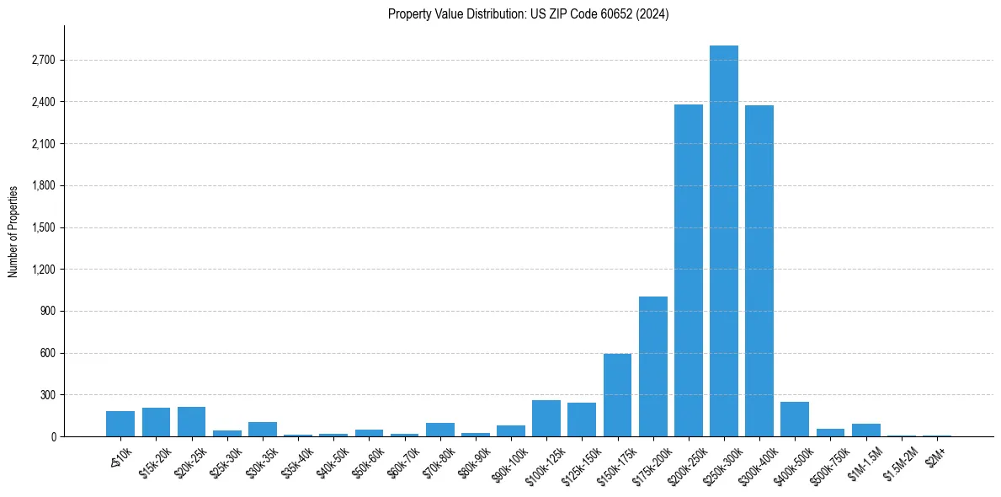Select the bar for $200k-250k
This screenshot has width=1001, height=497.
pos(689,270)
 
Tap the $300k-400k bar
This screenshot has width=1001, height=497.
pos(759,270)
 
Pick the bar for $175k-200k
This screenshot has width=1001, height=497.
pos(653,366)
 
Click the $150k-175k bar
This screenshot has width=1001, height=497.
pos(617,395)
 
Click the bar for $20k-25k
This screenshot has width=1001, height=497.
pos(191,422)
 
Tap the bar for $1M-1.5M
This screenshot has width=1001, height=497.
pos(865,430)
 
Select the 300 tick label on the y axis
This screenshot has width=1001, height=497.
pos(46,395)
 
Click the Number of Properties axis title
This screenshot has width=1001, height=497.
pos(13,232)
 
